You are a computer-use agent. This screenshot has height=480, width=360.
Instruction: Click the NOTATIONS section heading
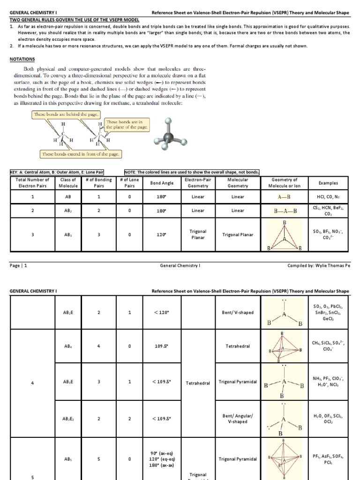coord(22,60)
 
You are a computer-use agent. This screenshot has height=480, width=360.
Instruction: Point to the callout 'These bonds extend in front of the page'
coord(80,154)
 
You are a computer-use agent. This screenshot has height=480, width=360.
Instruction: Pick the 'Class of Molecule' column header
coord(69,182)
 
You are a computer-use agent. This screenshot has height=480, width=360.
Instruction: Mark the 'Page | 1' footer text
coord(18,265)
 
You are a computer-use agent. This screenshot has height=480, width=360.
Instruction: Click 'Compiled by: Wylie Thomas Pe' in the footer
coord(318,265)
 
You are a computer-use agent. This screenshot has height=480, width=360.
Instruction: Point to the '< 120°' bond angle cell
coord(161,313)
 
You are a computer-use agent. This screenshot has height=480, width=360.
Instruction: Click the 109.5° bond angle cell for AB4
coord(161,346)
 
